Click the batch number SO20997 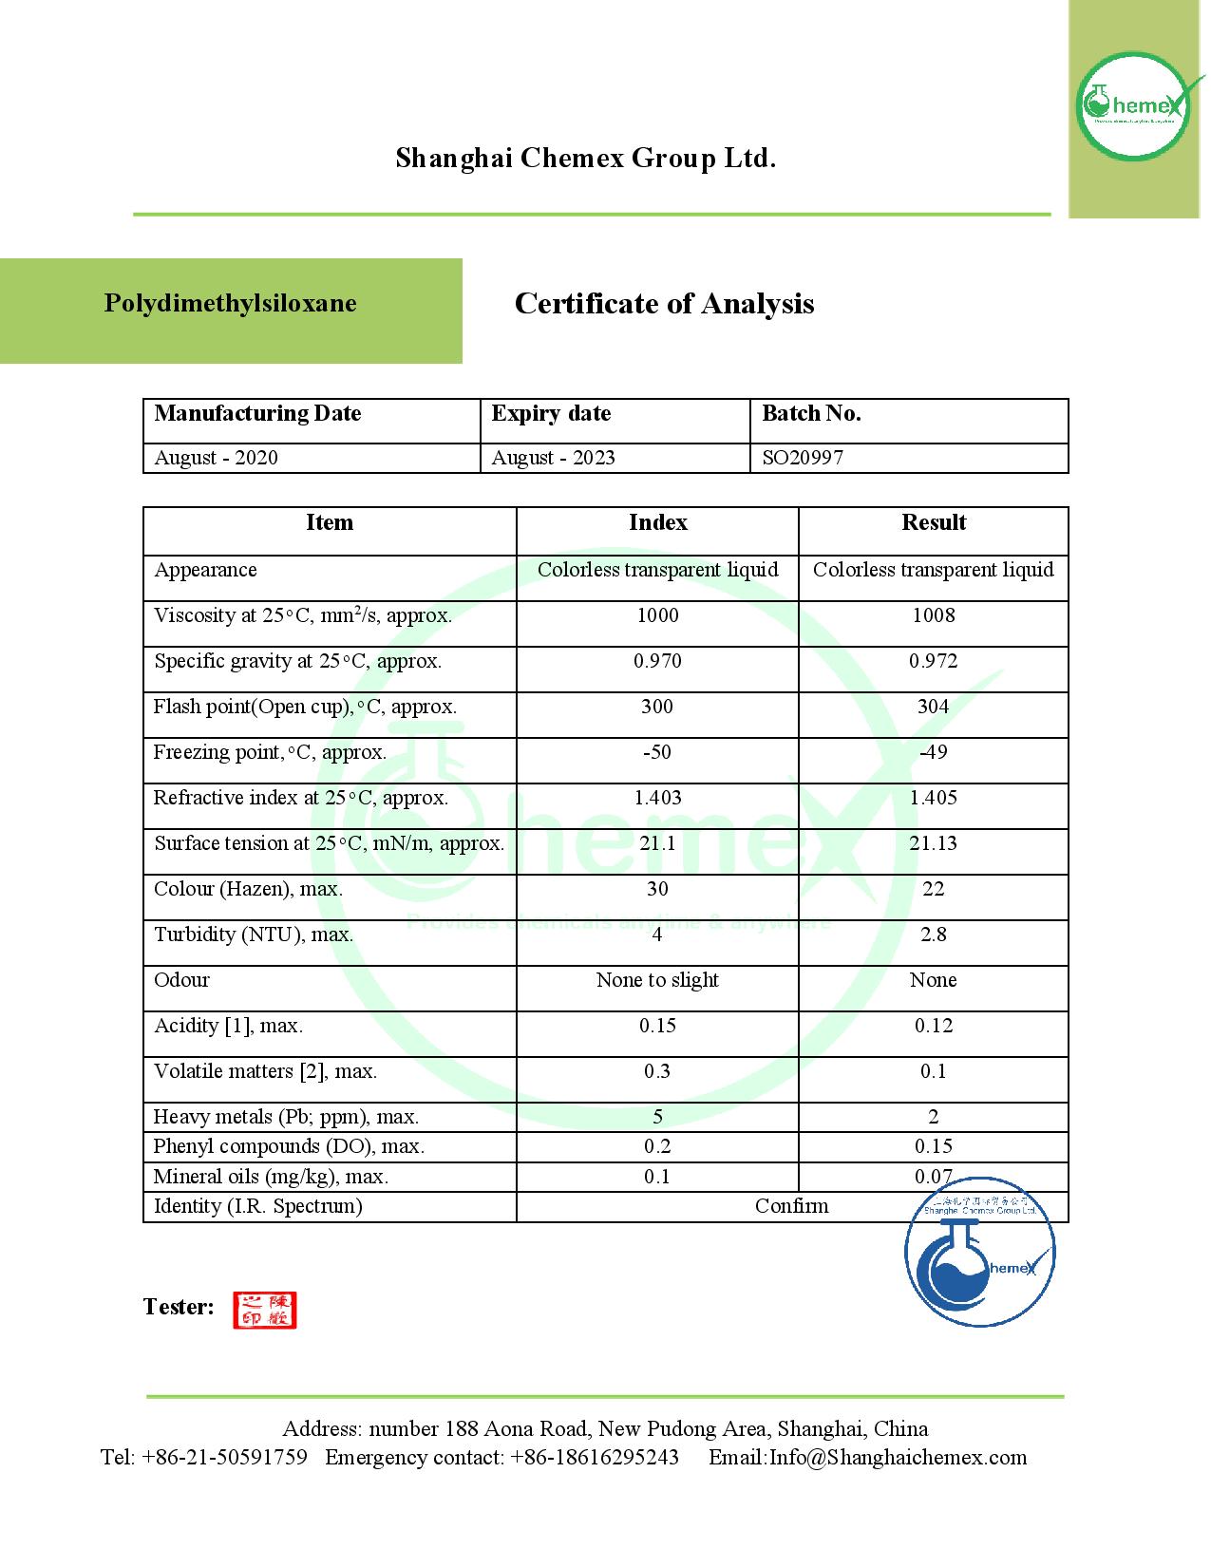[803, 458]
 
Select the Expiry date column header [551, 414]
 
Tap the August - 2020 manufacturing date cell [217, 458]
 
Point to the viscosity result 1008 [933, 615]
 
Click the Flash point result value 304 [933, 707]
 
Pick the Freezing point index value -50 [657, 752]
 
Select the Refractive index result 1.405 [933, 798]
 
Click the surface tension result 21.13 [933, 843]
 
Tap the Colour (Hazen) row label [248, 889]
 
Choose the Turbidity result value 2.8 [933, 935]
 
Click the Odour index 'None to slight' [657, 980]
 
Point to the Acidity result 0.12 [933, 1026]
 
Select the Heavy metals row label [286, 1117]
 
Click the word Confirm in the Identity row [791, 1206]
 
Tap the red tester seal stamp [265, 1310]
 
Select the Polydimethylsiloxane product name [231, 304]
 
